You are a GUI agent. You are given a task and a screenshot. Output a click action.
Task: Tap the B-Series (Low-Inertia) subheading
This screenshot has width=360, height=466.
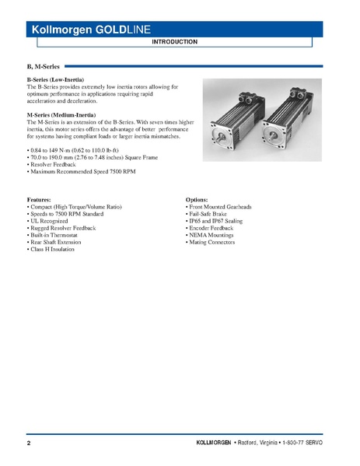click(x=55, y=80)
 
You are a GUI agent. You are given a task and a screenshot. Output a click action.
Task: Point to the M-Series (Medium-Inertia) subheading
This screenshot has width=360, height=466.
click(x=61, y=115)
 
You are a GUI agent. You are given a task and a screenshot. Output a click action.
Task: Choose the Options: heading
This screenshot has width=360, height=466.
click(x=197, y=200)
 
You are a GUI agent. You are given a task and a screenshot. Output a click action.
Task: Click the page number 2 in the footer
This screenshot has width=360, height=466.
click(x=29, y=443)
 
